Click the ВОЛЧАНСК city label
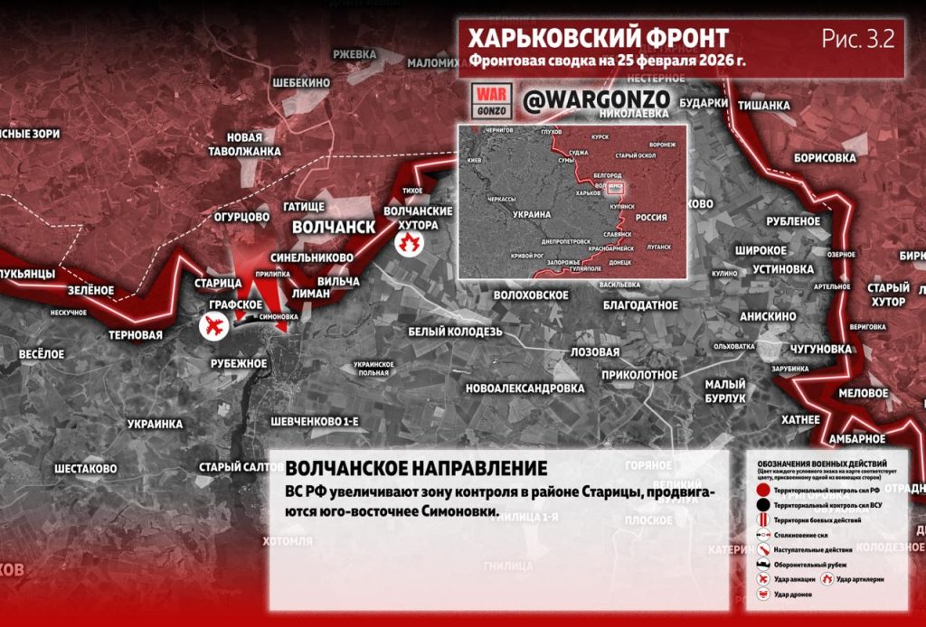(334, 226)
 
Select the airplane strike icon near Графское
(215, 326)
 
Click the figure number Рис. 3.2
(858, 38)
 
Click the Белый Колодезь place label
(454, 332)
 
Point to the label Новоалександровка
(524, 388)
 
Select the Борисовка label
(824, 157)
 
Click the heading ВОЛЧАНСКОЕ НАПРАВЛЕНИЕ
(416, 469)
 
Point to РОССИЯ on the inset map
(652, 218)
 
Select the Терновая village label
(135, 335)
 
